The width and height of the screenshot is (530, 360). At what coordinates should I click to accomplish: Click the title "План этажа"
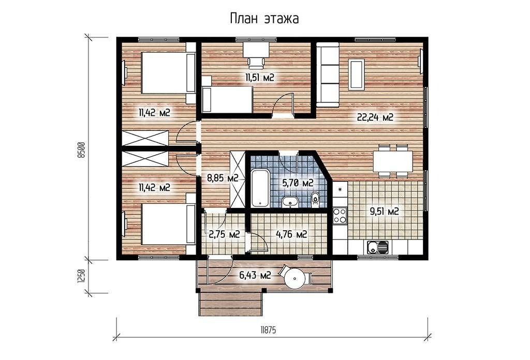pos(264,19)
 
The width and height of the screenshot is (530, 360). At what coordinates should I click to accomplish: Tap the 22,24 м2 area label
pos(375,117)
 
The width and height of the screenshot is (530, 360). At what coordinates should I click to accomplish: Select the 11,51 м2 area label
pos(260,78)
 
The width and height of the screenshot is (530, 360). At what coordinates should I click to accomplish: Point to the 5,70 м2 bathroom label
pos(298,183)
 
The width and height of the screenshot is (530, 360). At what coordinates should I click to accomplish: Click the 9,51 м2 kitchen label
pos(385,212)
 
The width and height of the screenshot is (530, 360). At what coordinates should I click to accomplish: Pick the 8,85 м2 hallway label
pos(223,178)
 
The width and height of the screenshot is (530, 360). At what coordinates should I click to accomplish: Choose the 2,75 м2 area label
pos(225,234)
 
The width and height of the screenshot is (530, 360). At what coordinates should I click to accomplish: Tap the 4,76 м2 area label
pos(291,234)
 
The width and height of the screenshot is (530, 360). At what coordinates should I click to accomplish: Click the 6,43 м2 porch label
pos(255,276)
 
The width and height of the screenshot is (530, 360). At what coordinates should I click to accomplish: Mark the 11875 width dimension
pos(268,330)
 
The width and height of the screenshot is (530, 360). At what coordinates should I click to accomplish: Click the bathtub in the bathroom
pos(260,188)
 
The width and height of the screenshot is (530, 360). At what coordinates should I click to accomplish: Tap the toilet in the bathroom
pos(315,200)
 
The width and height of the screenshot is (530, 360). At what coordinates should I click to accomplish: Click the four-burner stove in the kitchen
pos(340,216)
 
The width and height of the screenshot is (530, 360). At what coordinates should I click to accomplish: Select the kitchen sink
pos(377,247)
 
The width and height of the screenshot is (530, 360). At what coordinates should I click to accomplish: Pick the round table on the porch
pos(295,279)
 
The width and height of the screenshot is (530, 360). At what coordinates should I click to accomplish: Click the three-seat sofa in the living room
pos(328,77)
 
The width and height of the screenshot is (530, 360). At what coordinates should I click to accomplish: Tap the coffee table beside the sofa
pos(357,74)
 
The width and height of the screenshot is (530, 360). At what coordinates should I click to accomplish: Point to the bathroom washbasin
pos(290,201)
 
